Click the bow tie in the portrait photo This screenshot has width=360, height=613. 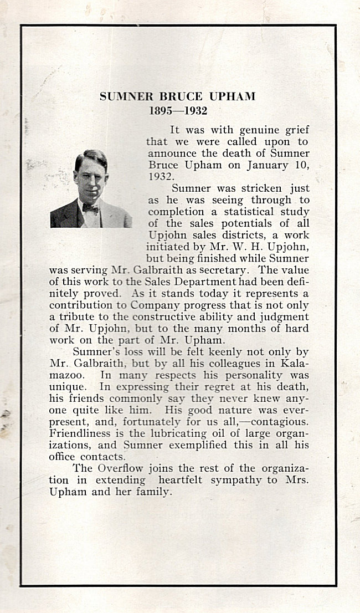point(90,208)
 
